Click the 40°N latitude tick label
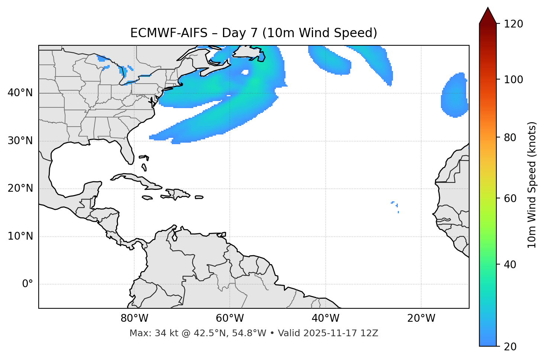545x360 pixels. click(x=20, y=93)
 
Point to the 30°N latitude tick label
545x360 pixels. click(x=20, y=141)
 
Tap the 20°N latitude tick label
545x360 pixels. click(x=20, y=188)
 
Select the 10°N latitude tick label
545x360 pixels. click(x=20, y=236)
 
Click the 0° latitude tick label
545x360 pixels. click(x=28, y=284)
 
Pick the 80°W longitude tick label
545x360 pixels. click(x=134, y=318)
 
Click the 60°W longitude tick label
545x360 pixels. click(x=230, y=318)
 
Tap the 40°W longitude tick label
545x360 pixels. click(x=325, y=318)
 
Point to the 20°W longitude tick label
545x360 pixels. click(x=421, y=318)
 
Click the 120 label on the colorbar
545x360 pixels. click(x=513, y=24)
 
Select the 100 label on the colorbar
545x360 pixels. click(x=513, y=80)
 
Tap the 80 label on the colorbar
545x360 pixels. click(x=510, y=137)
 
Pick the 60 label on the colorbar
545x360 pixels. click(x=510, y=198)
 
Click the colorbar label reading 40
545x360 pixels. click(x=510, y=265)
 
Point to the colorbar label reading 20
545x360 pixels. click(x=510, y=347)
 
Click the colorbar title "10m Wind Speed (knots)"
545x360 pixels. click(x=532, y=185)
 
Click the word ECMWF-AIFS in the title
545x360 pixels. click(x=169, y=33)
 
